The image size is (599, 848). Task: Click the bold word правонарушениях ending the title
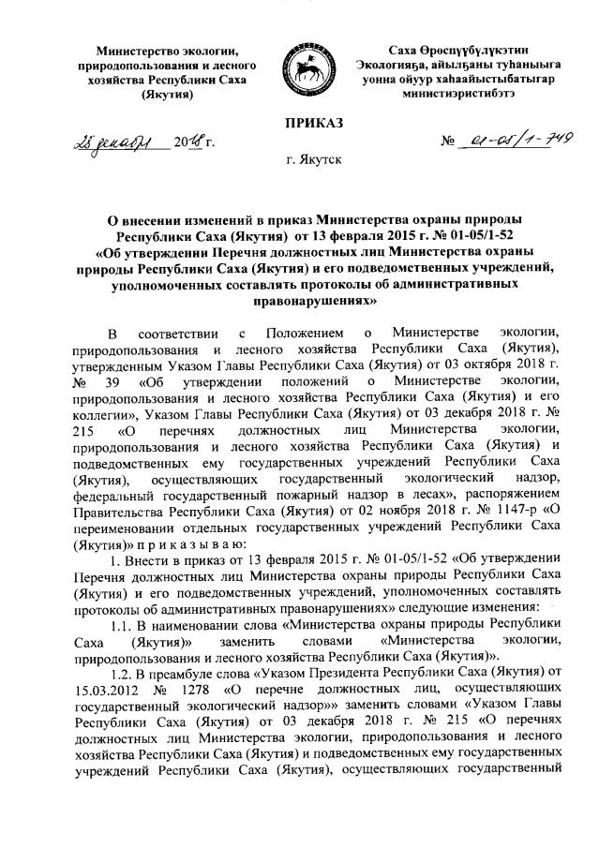(x=299, y=303)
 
